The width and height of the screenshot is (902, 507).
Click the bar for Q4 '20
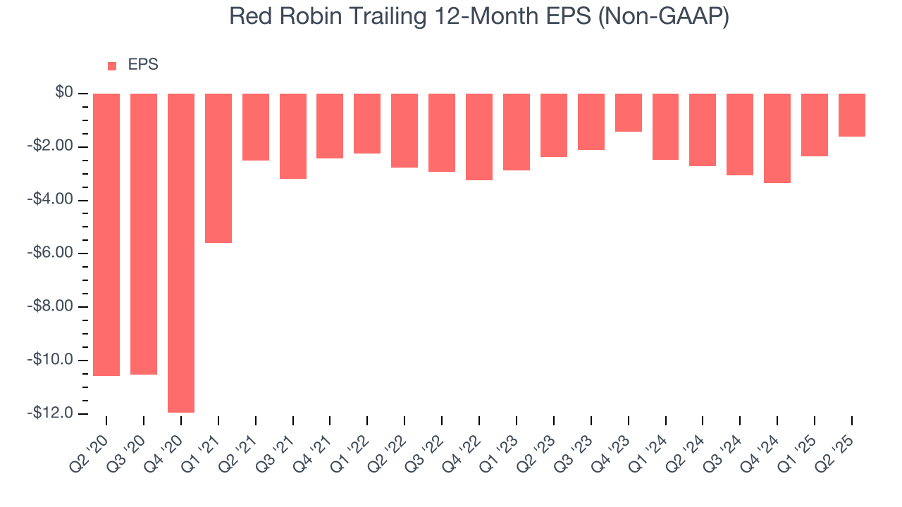click(x=181, y=253)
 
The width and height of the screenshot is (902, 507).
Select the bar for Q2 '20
click(x=106, y=234)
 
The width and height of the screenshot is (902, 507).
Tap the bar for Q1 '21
click(x=218, y=168)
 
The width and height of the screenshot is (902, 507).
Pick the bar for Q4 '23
click(x=628, y=113)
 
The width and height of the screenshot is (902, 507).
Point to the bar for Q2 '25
click(x=852, y=115)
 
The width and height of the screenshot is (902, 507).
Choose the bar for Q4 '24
click(x=777, y=138)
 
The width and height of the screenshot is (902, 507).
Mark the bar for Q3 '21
click(x=293, y=136)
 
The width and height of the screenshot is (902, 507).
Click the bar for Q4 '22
click(x=479, y=137)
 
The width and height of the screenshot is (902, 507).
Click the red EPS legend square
click(x=112, y=66)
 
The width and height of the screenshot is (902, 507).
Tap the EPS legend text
click(x=143, y=65)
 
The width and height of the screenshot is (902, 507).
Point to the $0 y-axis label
click(x=64, y=93)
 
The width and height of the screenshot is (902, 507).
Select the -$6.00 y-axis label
click(x=51, y=253)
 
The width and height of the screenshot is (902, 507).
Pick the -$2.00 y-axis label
click(x=51, y=146)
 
